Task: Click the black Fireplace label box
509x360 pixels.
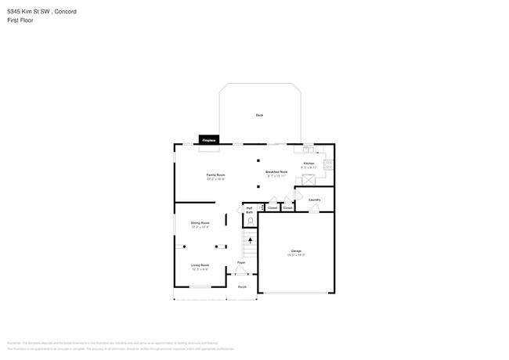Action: click(208, 139)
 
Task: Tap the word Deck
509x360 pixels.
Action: click(259, 115)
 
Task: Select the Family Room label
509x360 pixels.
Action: click(215, 175)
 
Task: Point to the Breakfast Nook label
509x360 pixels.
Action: click(276, 171)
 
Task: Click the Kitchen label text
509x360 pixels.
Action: click(309, 163)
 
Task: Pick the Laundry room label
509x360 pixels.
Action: click(315, 200)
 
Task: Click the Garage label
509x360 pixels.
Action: click(296, 250)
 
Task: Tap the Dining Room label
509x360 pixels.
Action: click(200, 223)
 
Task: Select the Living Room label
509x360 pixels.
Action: click(200, 265)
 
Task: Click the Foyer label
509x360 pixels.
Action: click(242, 263)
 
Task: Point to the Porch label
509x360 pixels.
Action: click(243, 286)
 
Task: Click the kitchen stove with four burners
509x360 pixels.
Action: click(329, 164)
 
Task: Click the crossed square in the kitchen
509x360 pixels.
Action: click(309, 180)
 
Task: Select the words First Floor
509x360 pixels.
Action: click(20, 20)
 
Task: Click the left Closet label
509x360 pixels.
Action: click(272, 207)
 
